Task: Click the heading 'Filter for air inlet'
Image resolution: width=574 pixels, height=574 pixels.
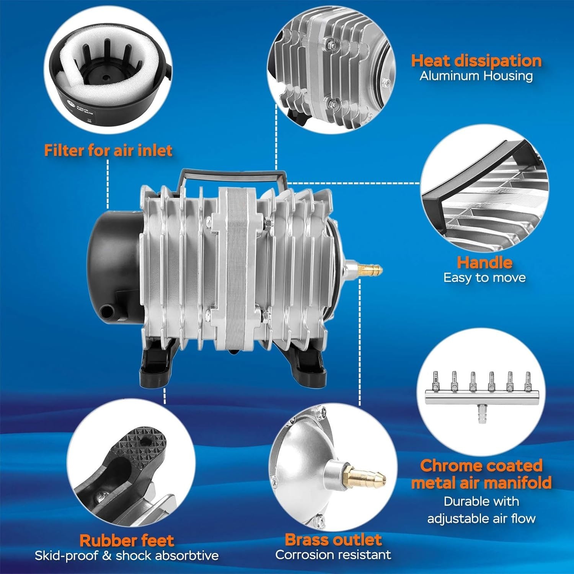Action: click(108, 150)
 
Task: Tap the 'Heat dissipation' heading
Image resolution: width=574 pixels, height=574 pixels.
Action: click(476, 61)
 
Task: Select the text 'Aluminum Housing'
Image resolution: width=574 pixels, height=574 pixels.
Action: click(476, 76)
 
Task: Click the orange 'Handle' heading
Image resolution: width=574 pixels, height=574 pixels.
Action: click(484, 263)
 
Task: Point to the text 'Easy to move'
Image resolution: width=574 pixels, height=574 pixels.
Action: click(484, 277)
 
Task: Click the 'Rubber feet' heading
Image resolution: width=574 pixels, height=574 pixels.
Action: click(127, 540)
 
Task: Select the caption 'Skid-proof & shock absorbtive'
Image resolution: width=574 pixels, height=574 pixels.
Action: click(127, 556)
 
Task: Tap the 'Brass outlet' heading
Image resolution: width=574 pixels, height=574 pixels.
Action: click(333, 540)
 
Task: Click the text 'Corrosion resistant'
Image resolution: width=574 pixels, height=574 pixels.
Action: click(333, 554)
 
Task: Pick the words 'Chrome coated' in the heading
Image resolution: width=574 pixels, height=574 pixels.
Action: click(481, 466)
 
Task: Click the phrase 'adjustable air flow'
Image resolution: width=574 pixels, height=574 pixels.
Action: click(481, 519)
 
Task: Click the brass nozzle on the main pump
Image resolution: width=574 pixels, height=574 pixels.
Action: click(369, 267)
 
